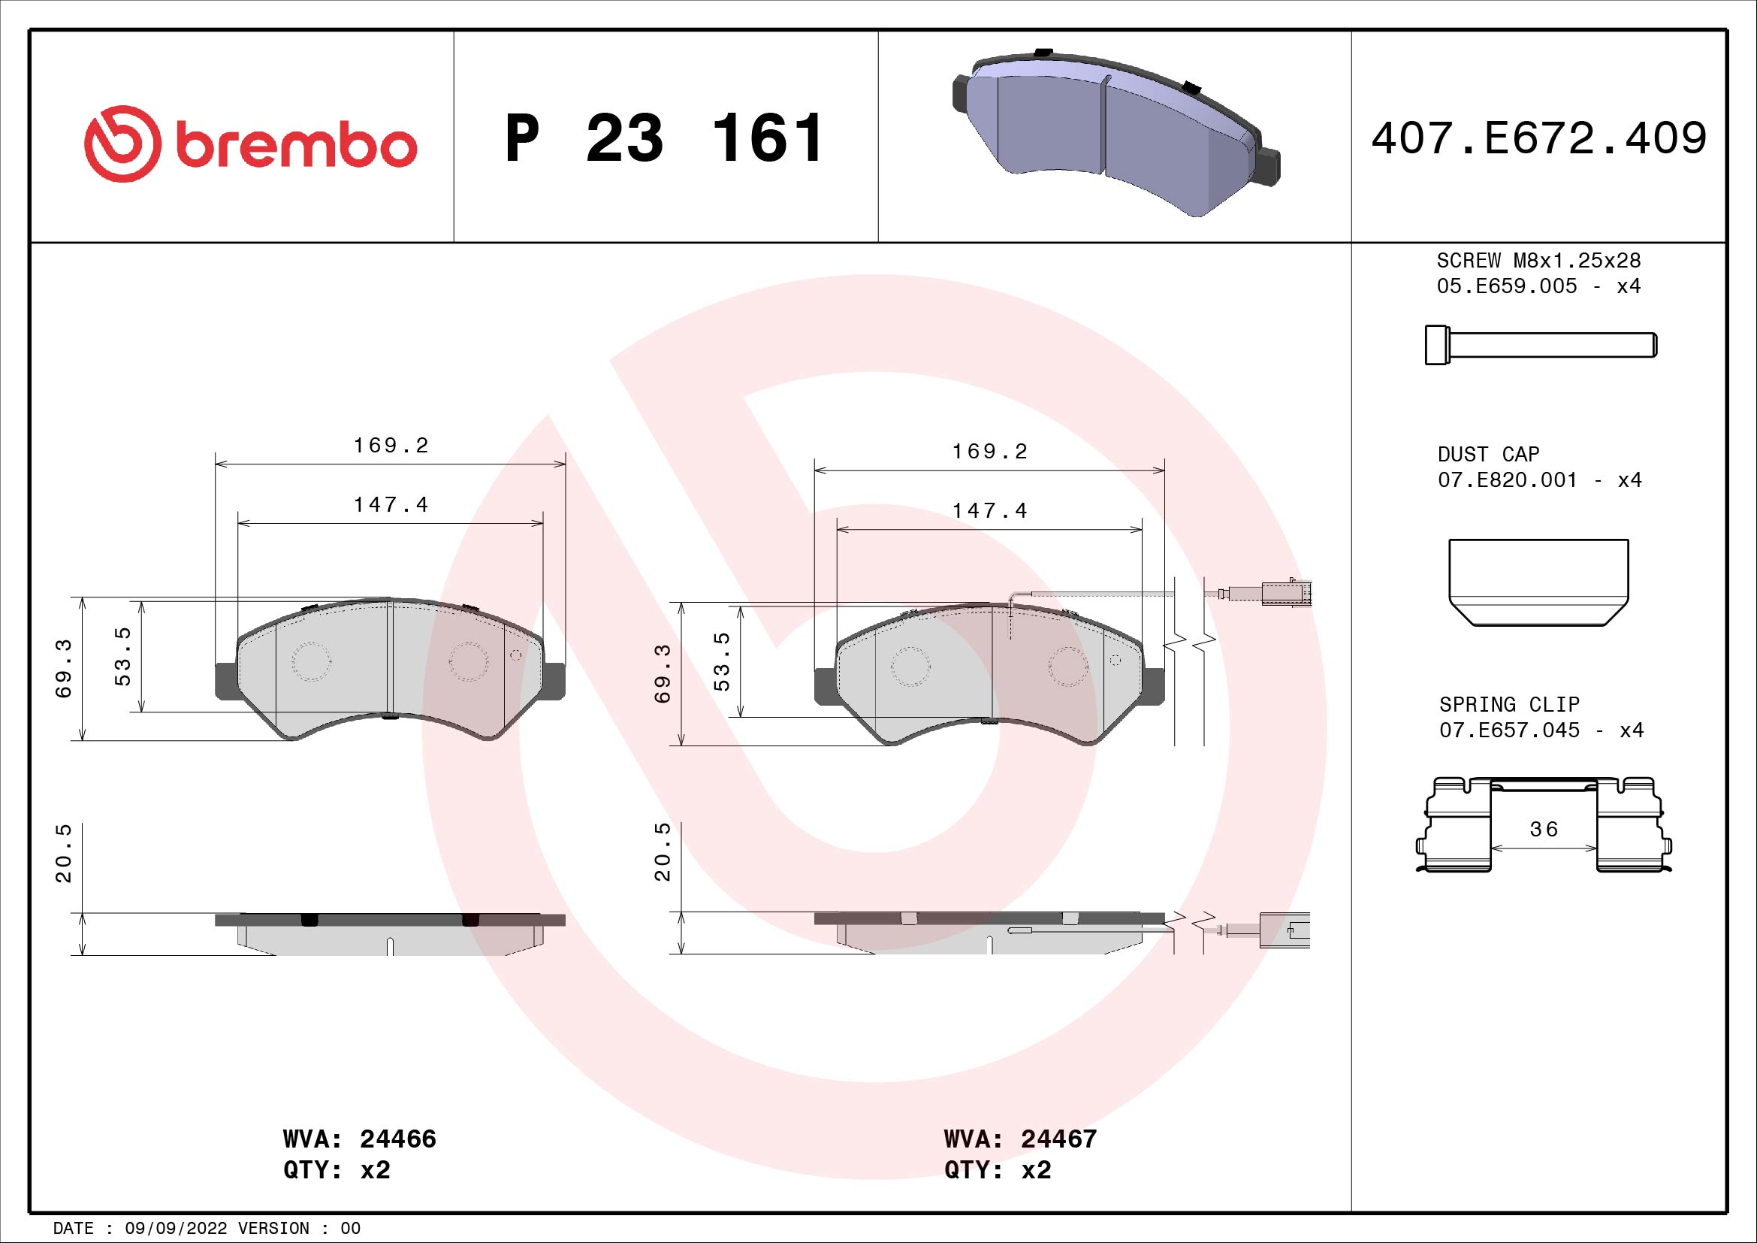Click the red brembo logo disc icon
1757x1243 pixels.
pos(122,144)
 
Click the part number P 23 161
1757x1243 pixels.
pos(664,138)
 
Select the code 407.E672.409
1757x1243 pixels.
pos(1538,138)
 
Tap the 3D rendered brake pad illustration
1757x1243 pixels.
pos(1115,133)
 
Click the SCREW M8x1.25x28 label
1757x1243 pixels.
pos(1538,260)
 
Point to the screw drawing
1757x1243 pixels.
pos(1540,344)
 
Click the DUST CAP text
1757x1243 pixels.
pos(1487,455)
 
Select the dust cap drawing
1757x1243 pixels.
pos(1538,582)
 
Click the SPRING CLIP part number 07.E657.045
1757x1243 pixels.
pos(1509,730)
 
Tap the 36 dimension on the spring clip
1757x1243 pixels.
pos(1544,830)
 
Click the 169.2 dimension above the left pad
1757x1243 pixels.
pos(391,446)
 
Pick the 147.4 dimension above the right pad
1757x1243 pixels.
pos(989,510)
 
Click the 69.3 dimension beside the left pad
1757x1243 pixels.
pos(64,668)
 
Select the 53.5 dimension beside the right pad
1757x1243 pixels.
pos(722,661)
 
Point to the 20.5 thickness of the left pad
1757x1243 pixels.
pos(64,853)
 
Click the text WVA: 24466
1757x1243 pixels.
pos(359,1139)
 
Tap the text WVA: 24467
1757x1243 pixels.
pos(1020,1139)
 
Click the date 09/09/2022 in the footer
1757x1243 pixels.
pos(176,1229)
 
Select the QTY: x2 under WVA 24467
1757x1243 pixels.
pos(997,1170)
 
